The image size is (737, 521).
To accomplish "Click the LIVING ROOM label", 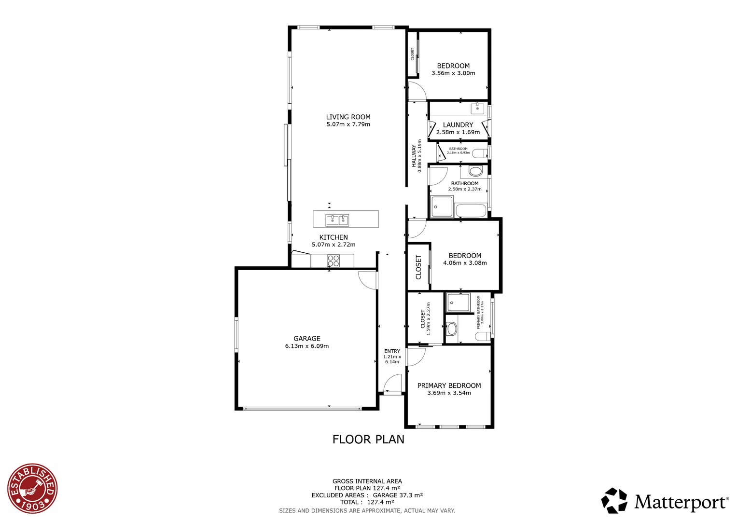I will (x=348, y=117).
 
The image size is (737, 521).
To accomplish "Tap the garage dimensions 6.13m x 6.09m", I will (x=306, y=346).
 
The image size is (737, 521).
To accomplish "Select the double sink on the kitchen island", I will (x=337, y=220).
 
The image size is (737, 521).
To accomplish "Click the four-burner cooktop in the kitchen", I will (x=334, y=261).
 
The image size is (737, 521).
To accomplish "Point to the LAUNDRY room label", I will (x=458, y=124).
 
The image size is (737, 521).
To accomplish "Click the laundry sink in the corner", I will (x=477, y=107).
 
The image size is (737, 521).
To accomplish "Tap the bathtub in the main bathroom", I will (x=471, y=210).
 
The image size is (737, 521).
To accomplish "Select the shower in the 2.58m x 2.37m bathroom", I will (x=442, y=206).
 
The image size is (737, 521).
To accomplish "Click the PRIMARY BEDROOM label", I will (x=449, y=385).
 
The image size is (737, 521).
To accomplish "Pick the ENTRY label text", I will (x=392, y=351).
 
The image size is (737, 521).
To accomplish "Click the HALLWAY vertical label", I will (x=414, y=156).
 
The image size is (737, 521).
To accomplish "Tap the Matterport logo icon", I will (x=614, y=500).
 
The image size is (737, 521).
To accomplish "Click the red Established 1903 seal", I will (x=32, y=488).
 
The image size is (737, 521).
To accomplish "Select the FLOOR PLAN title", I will (x=368, y=439).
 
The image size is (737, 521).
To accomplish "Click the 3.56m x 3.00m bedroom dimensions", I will (x=453, y=73).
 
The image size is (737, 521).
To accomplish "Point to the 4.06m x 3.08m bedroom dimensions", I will (x=465, y=263).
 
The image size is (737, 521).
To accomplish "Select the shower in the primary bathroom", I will (x=458, y=302).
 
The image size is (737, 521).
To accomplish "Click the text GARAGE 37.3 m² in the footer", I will (x=398, y=495).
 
